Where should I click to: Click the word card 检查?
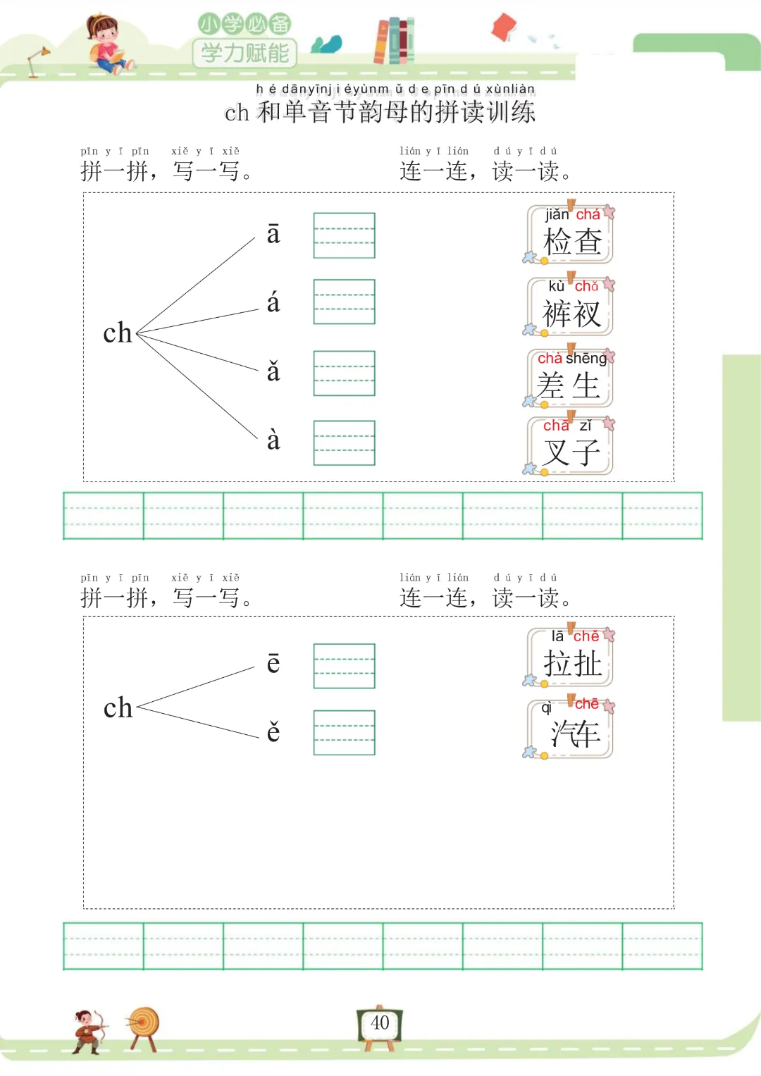[571, 235]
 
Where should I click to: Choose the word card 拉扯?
[571, 657]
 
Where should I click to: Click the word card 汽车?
[571, 728]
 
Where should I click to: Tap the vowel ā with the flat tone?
[273, 234]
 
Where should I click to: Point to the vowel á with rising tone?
[273, 303]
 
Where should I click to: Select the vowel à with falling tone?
[273, 440]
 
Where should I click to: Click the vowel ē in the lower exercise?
[273, 663]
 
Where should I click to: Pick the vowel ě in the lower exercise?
[273, 731]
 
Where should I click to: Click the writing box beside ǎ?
[344, 373]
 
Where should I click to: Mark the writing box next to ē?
[344, 666]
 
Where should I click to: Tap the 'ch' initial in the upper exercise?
[118, 333]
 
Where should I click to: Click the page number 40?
[380, 1023]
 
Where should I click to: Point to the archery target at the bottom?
[144, 1023]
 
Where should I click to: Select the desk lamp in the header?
[37, 61]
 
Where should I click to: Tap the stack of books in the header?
[394, 41]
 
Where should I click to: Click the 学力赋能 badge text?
[245, 53]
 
